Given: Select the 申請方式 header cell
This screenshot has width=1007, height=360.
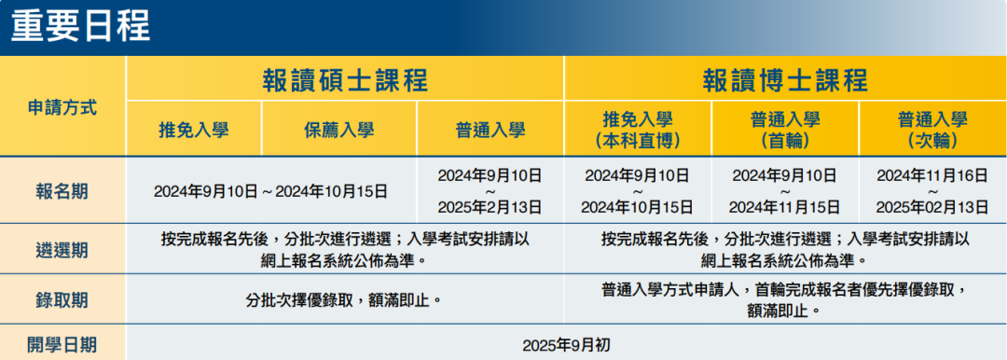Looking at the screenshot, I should pos(62,106).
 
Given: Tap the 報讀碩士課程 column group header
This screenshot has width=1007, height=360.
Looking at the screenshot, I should pos(345,80).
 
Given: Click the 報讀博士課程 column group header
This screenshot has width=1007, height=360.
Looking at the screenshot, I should pos(785,80).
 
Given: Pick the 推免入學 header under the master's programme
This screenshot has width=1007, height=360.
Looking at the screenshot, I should pos(194,130).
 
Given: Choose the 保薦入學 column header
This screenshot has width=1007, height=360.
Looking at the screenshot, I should pos(339,130).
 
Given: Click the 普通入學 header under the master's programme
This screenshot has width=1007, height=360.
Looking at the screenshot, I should pos(490,130).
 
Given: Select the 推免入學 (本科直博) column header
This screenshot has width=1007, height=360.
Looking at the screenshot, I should pos(638,130).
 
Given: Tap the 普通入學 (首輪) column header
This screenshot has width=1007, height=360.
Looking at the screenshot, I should pos(785,130).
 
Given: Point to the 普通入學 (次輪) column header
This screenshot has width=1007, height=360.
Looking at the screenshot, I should pos(932,130).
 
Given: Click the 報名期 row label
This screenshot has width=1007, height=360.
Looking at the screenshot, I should pos(62,191).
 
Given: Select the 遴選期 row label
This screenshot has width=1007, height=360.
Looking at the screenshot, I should pos(62,249).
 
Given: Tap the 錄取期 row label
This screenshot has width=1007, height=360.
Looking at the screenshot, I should pos(62,299).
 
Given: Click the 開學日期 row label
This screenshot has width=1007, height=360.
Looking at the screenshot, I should pos(62,344).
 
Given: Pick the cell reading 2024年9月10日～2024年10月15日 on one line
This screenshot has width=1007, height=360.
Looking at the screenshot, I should pos(270,191).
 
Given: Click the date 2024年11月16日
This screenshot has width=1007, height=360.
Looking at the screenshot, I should pos(932,175).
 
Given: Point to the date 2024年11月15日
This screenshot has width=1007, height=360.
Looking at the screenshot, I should pos(785,207).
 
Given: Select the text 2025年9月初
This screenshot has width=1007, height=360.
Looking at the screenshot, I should pos(566,344).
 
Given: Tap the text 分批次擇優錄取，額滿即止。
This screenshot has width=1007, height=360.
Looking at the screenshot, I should pos(344,299).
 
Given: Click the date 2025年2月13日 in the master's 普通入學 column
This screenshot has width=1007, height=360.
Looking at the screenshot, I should pos(490,207).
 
